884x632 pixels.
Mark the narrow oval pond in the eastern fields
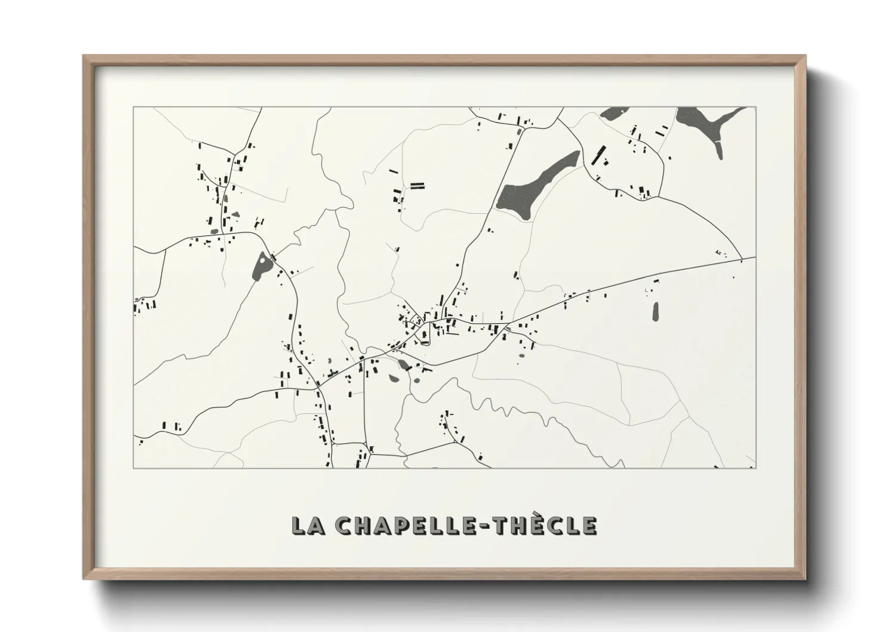point(655,311)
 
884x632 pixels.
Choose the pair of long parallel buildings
point(416,185)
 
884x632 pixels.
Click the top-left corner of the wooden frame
point(84,56)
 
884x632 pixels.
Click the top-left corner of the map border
point(133,108)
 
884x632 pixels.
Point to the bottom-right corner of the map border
point(756,468)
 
